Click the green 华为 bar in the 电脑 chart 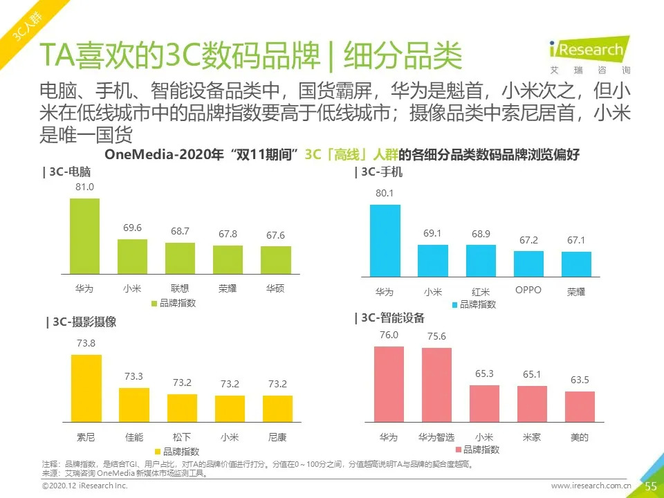[84, 237]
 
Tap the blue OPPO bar [528, 264]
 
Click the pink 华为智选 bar [436, 385]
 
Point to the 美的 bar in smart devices [580, 407]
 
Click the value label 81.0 [85, 187]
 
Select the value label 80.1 [385, 193]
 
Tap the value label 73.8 [86, 344]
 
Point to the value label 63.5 [580, 380]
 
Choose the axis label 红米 [481, 292]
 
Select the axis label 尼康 [277, 437]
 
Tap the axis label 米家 [532, 437]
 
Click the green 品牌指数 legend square [154, 303]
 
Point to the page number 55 [650, 486]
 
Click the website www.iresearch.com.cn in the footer [591, 487]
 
